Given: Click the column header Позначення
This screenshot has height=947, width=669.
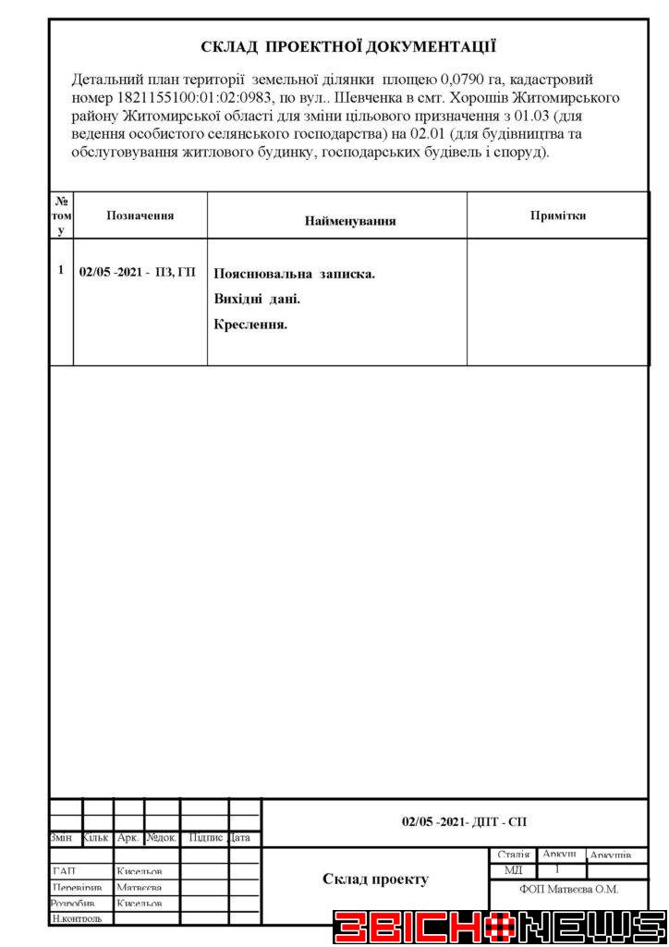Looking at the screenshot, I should tap(140, 215).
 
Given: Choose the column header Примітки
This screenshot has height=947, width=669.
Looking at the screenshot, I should tap(558, 215).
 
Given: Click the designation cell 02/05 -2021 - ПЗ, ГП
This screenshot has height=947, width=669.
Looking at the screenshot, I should tap(138, 271).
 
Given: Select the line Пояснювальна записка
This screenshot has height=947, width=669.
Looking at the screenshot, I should tap(294, 275).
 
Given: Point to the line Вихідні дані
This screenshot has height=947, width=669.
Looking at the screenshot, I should tap(257, 300).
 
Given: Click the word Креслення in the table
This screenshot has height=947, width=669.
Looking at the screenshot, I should tap(250, 324).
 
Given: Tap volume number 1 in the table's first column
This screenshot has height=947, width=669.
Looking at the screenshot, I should tap(61, 270).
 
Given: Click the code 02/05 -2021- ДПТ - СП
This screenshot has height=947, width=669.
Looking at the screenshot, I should tap(464, 821).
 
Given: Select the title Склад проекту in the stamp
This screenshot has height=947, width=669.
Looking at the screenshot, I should tap(375, 879).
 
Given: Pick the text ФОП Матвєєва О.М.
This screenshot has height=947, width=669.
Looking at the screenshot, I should tap(569, 890).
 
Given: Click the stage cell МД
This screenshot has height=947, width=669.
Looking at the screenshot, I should tap(514, 871).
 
